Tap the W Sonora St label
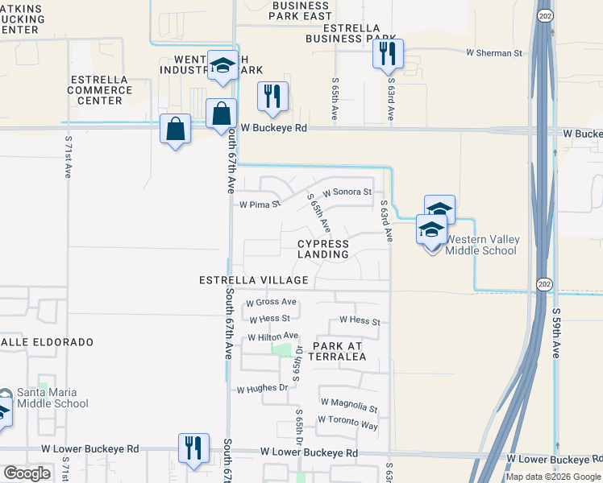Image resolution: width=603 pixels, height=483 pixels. click(x=347, y=192)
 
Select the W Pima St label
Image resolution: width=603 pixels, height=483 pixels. click(x=260, y=204)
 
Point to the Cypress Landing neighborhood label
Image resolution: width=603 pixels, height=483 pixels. click(x=323, y=249)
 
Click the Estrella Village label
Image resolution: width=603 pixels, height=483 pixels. click(x=255, y=280)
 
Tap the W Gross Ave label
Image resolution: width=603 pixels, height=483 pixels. click(x=271, y=303)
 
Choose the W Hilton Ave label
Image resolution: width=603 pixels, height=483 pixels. click(x=272, y=336)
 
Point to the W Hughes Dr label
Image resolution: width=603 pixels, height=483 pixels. click(x=262, y=388)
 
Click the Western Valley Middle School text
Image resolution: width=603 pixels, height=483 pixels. click(x=481, y=245)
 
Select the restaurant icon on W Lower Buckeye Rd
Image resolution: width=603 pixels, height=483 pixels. click(x=193, y=448)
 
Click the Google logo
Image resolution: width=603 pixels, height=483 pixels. click(x=27, y=473)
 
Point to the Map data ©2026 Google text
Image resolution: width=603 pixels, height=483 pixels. click(x=552, y=477)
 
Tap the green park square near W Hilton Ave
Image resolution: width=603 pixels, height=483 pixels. click(x=282, y=349)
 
